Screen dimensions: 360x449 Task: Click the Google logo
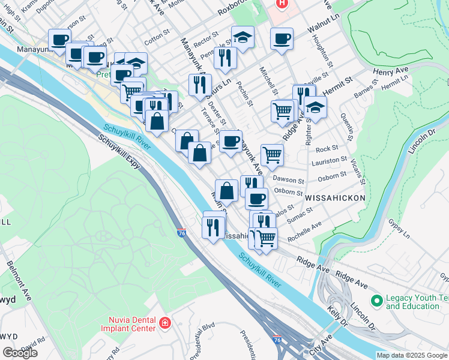[x=20, y=353]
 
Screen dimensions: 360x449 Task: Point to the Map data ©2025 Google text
[x=412, y=355]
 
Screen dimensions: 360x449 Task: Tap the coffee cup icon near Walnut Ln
[x=282, y=40]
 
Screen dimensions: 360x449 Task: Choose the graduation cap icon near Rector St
[x=243, y=37]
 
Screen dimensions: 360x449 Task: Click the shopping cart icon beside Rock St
[x=272, y=154]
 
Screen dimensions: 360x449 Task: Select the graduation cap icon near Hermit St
[x=315, y=108]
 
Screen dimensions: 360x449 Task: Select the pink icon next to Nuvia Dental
[x=164, y=324]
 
